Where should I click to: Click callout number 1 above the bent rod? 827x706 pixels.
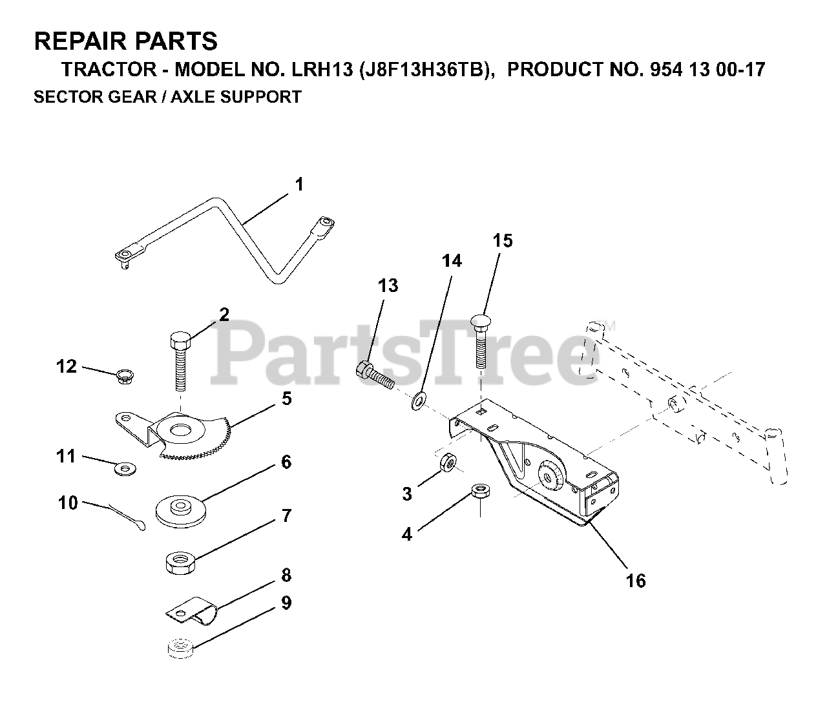pyautogui.click(x=298, y=185)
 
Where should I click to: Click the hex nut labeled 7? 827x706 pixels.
pyautogui.click(x=178, y=562)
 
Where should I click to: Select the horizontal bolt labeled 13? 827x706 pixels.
pyautogui.click(x=375, y=375)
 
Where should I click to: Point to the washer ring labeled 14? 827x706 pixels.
pyautogui.click(x=418, y=400)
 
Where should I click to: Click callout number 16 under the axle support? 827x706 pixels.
pyautogui.click(x=636, y=581)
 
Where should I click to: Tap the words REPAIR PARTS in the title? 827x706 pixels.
pyautogui.click(x=126, y=41)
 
